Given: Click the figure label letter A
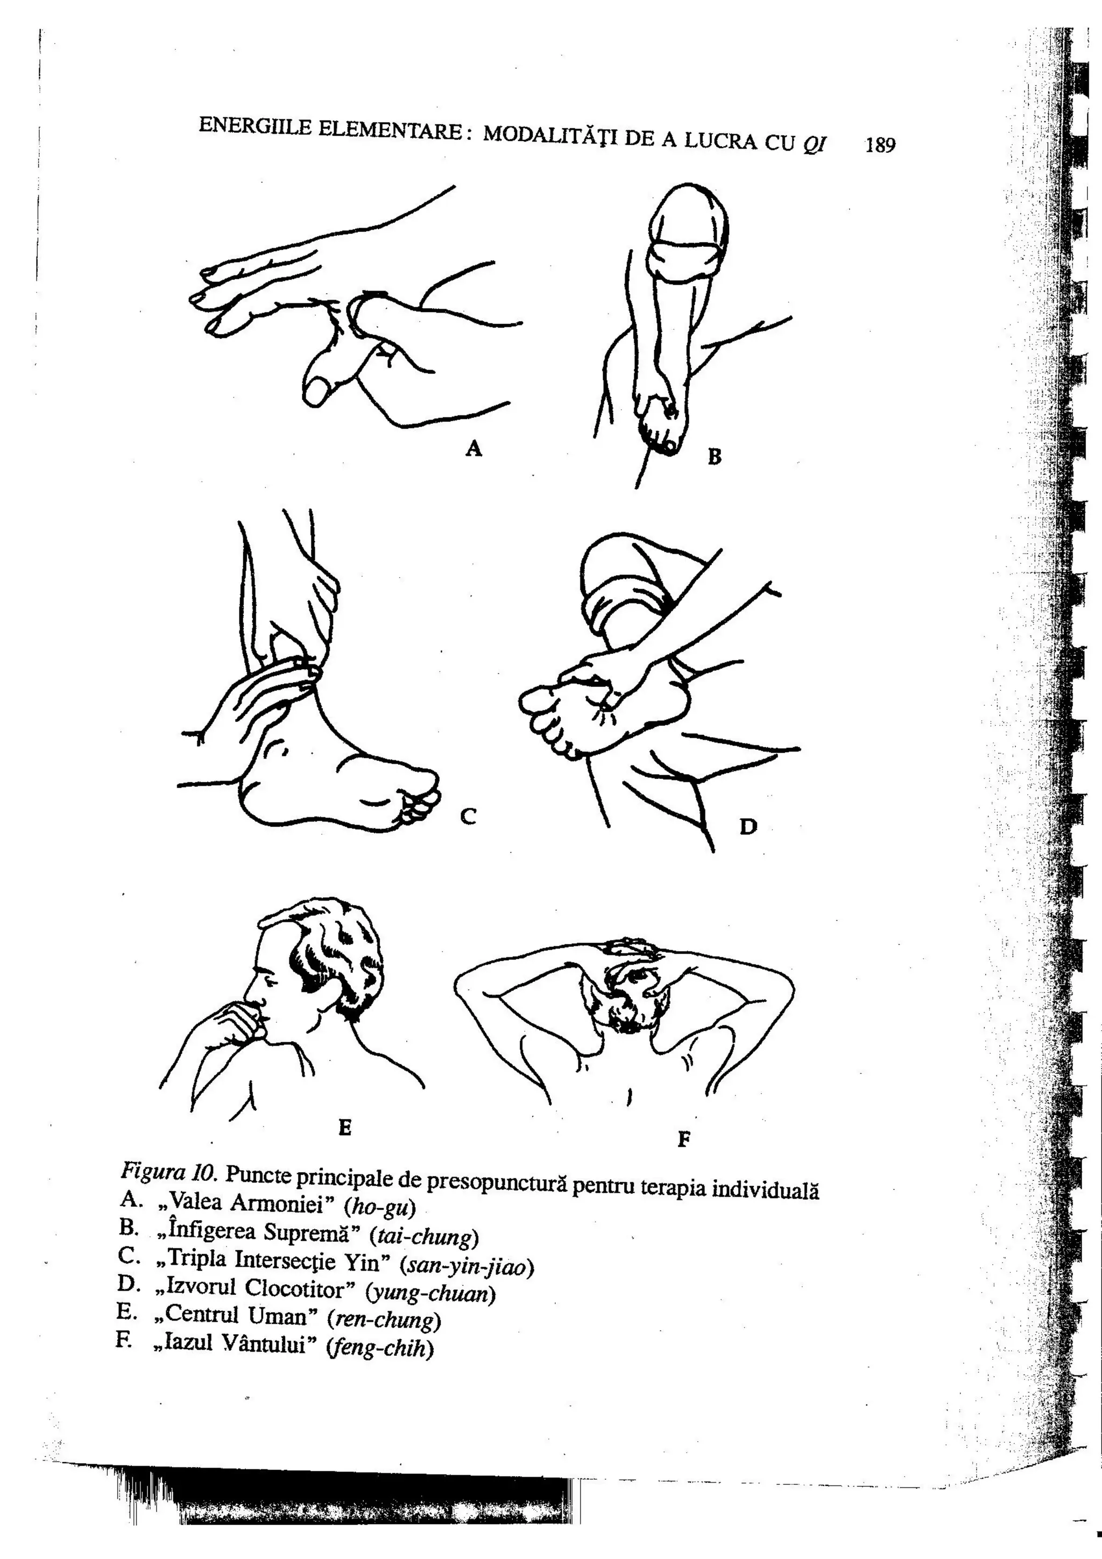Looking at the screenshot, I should (x=474, y=448).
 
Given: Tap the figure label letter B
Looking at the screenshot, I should (x=714, y=457).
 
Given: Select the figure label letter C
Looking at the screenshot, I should (x=468, y=816).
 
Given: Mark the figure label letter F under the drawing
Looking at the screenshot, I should (x=684, y=1139).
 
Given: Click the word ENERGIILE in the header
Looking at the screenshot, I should (x=255, y=127).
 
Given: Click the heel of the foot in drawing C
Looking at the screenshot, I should (x=258, y=798).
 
